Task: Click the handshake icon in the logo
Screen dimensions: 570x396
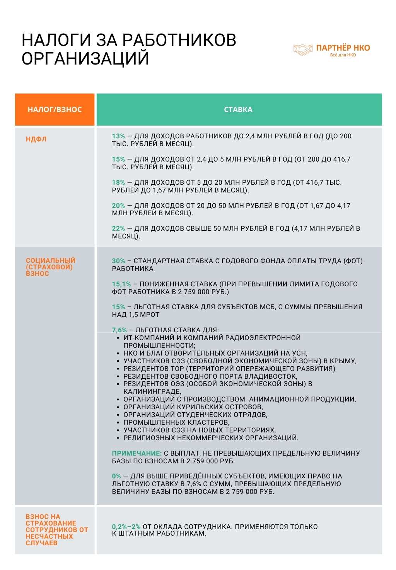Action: point(303,49)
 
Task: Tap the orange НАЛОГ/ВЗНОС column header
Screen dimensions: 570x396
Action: point(55,110)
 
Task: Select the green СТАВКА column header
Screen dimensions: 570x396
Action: point(238,110)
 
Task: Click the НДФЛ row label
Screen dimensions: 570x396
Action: point(36,139)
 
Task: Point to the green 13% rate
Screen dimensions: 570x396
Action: point(118,136)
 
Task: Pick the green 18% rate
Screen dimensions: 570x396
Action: point(118,182)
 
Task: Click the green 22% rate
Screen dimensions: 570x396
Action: point(118,228)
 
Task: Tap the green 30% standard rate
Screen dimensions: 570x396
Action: point(118,261)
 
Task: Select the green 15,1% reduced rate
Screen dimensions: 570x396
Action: point(121,284)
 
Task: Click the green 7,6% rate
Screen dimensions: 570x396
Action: point(119,330)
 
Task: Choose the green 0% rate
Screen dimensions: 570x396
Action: point(116,476)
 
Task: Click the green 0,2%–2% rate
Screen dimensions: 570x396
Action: point(126,527)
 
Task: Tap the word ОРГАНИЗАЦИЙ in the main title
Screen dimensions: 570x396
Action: point(85,59)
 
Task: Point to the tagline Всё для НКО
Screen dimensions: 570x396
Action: point(343,55)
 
